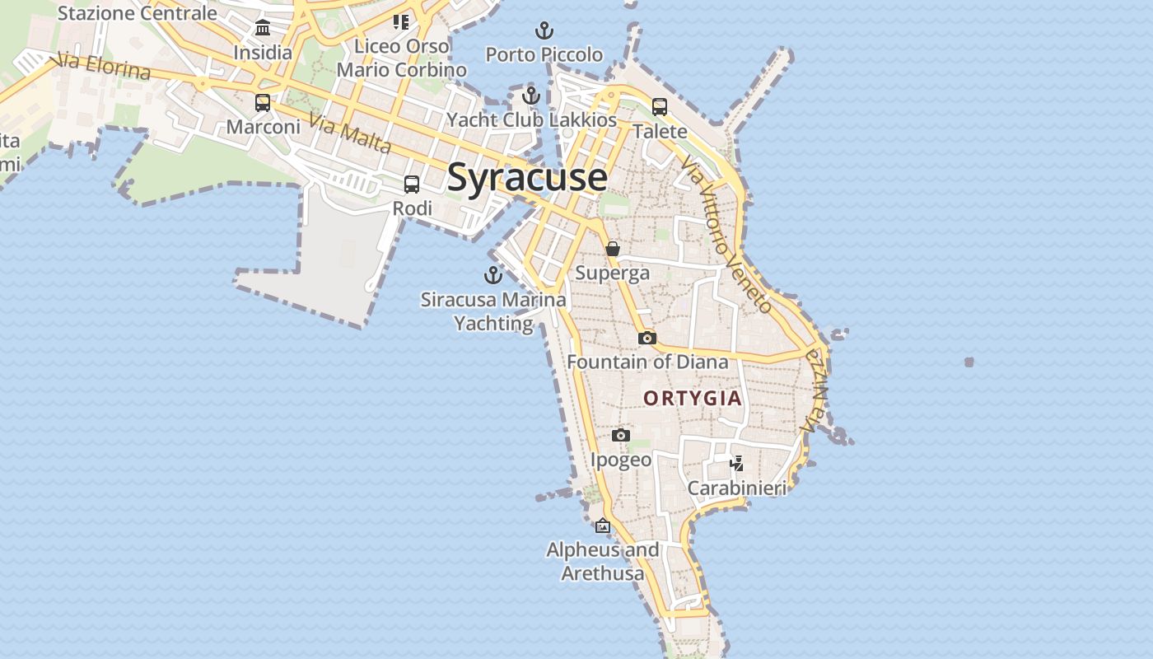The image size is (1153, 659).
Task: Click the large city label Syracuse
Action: [527, 177]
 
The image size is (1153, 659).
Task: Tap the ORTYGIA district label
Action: [693, 399]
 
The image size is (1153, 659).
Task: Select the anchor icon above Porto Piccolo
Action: [544, 31]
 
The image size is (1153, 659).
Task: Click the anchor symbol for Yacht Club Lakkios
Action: [531, 96]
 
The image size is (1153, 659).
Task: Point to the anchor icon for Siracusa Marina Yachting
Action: [493, 275]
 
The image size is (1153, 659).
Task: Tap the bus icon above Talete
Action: [660, 106]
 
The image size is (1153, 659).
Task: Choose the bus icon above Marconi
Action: [263, 103]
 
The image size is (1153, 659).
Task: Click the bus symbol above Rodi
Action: [412, 185]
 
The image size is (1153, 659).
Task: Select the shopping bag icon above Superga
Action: [613, 248]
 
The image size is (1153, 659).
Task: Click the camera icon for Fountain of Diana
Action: [647, 338]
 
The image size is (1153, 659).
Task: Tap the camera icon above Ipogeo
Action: [621, 435]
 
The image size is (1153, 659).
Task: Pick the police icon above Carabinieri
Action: [737, 464]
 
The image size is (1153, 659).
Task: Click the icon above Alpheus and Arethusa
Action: [603, 526]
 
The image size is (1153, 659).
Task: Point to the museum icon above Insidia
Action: [263, 28]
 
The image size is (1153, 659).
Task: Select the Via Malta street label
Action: [350, 133]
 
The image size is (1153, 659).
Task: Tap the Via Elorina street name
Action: [100, 66]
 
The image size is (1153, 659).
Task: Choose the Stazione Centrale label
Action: [137, 13]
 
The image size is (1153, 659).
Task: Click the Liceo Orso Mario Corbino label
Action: [403, 58]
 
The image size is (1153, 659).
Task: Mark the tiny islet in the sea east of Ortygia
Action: [969, 362]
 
